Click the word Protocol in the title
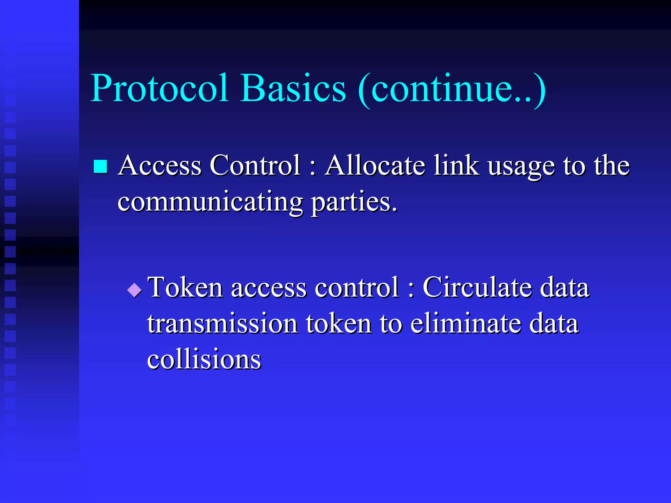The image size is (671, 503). pyautogui.click(x=159, y=88)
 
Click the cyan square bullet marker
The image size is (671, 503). pyautogui.click(x=100, y=166)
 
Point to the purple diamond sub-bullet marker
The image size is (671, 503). pyautogui.click(x=134, y=290)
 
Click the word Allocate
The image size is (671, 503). pyautogui.click(x=375, y=165)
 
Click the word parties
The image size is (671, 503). pyautogui.click(x=354, y=202)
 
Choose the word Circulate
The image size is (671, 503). pyautogui.click(x=477, y=288)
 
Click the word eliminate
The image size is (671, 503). pyautogui.click(x=466, y=324)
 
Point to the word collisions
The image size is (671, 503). pyautogui.click(x=204, y=359)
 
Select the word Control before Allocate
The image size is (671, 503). pyautogui.click(x=255, y=165)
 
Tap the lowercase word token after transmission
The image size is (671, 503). pyautogui.click(x=339, y=324)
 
